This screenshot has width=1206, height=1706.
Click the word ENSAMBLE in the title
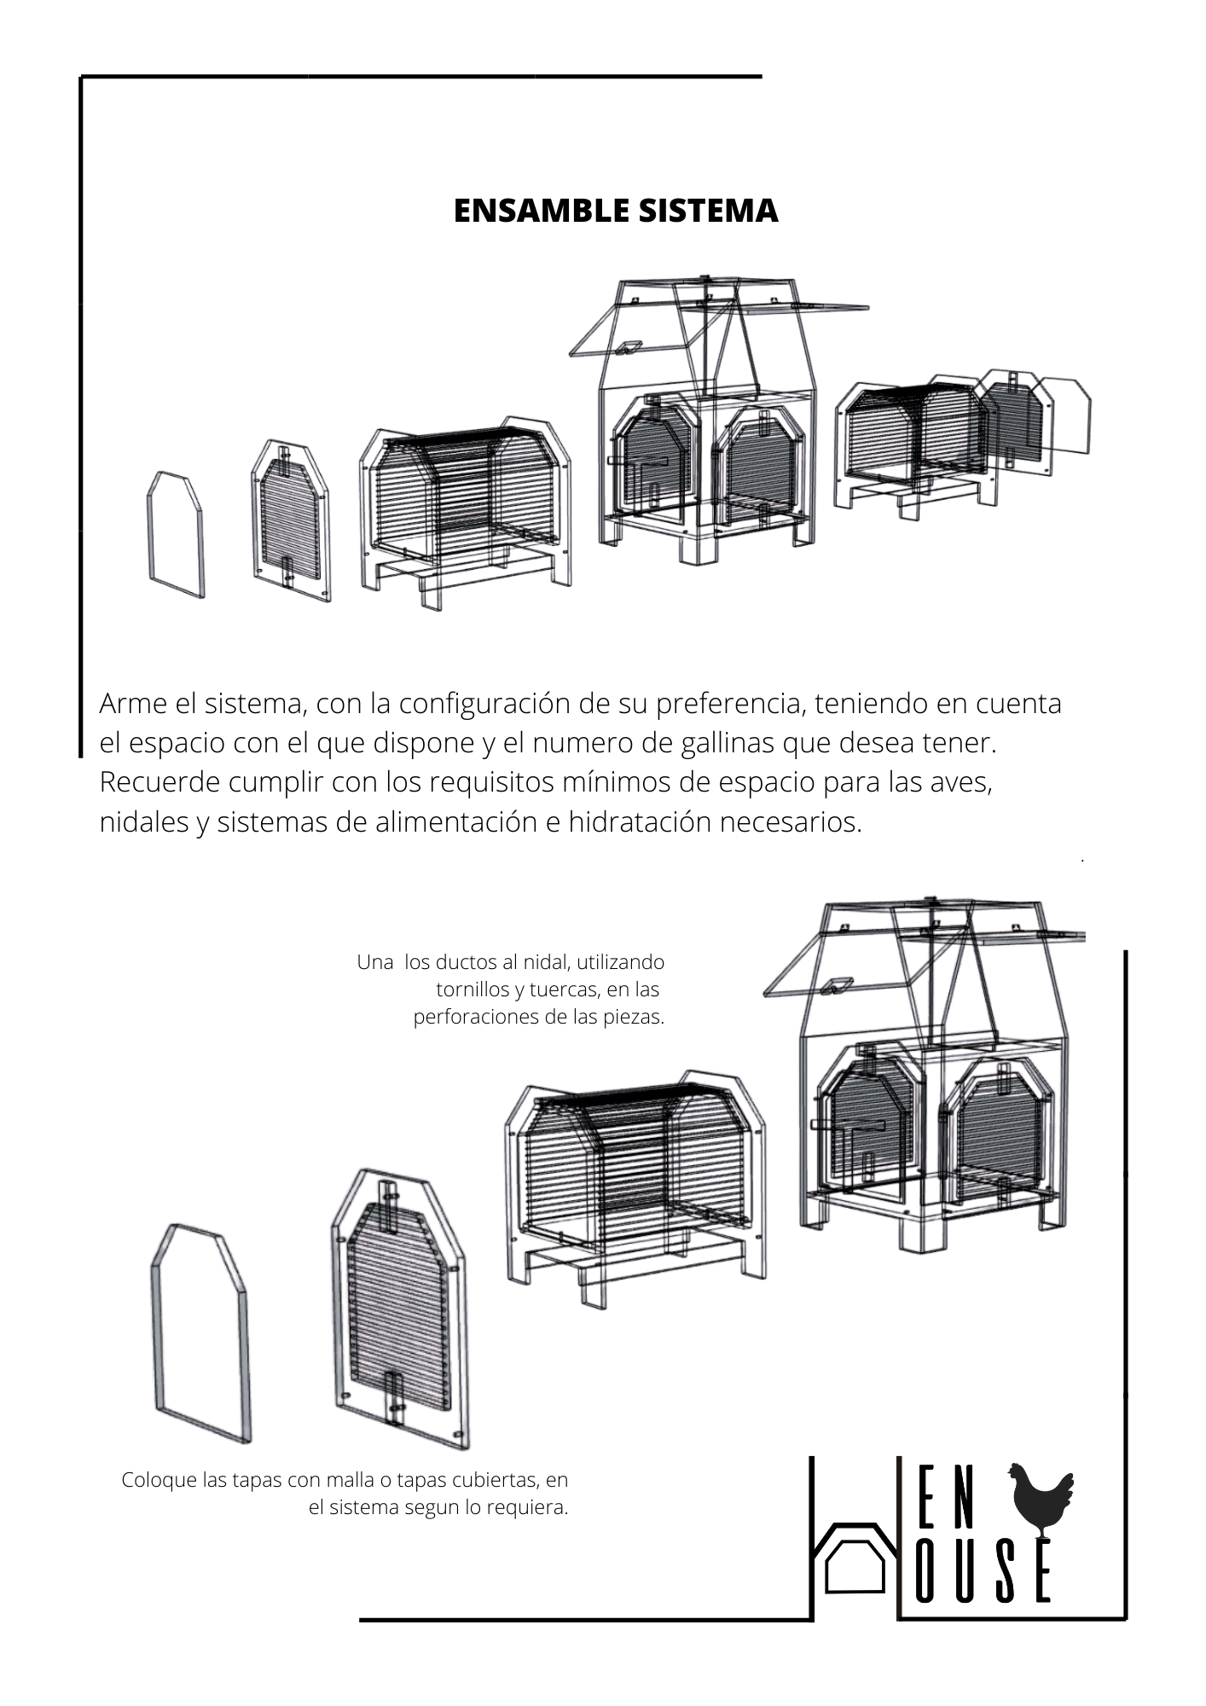coord(531,211)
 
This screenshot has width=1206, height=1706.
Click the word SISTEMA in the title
coord(698,211)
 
